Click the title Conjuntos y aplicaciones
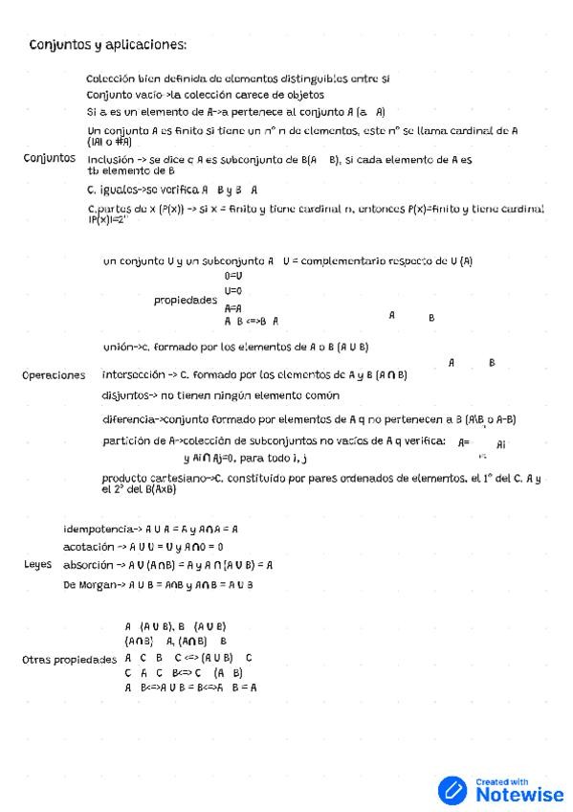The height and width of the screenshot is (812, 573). pyautogui.click(x=107, y=45)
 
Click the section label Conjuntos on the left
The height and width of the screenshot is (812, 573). pyautogui.click(x=50, y=158)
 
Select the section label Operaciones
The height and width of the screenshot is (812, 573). pyautogui.click(x=54, y=375)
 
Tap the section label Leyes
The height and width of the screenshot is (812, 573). pyautogui.click(x=37, y=565)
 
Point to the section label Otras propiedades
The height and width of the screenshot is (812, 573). pyautogui.click(x=69, y=660)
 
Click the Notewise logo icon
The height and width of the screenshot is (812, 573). pyautogui.click(x=452, y=789)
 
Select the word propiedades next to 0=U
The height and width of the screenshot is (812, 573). pyautogui.click(x=185, y=301)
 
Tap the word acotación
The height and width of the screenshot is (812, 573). pyautogui.click(x=95, y=547)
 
